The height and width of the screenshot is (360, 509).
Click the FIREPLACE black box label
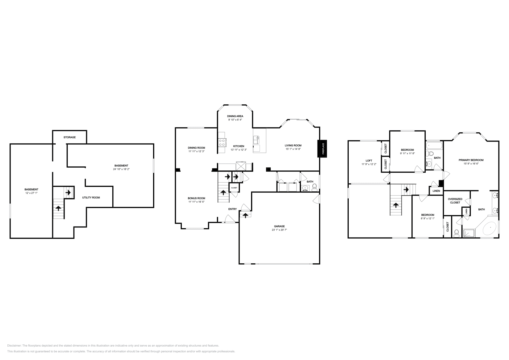point(322,149)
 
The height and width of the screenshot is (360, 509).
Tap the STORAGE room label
point(70,137)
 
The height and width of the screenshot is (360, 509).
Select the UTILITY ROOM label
point(91,197)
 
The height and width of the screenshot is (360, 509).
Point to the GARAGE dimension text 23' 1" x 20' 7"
point(279,230)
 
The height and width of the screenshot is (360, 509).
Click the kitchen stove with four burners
point(222,143)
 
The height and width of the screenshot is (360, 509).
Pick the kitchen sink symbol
point(256,140)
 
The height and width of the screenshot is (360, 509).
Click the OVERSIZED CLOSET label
point(455,201)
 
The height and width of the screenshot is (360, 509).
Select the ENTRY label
point(233,209)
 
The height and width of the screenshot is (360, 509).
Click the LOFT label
point(369,161)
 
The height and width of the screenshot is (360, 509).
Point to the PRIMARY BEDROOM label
point(471,160)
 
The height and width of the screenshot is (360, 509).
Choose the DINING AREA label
point(235,116)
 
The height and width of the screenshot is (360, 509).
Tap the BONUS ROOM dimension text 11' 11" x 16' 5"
point(196,202)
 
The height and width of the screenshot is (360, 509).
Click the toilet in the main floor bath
point(315,187)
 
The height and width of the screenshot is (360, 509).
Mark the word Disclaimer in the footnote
point(14,346)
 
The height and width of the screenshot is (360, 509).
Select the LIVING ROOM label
point(293,146)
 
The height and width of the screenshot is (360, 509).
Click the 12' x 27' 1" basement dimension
point(31,193)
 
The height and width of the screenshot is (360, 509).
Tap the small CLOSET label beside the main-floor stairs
point(234,188)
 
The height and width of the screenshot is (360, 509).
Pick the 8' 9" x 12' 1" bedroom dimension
point(428,218)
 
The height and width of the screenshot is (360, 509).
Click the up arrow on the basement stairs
point(59,208)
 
